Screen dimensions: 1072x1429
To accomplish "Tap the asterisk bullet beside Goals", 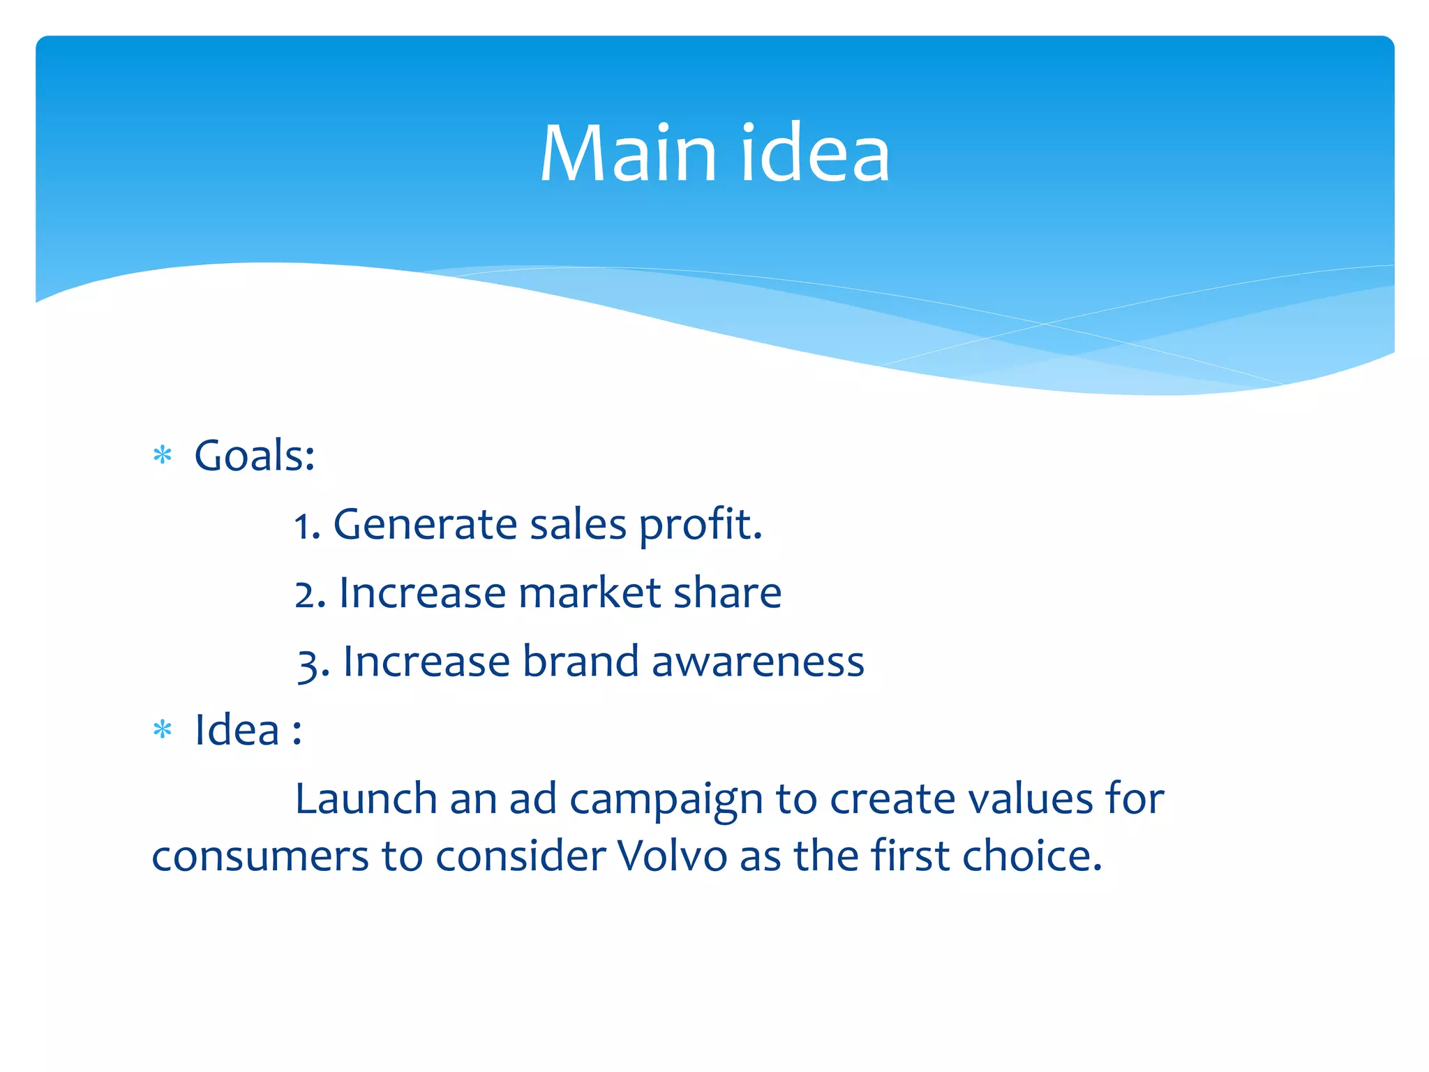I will (x=163, y=456).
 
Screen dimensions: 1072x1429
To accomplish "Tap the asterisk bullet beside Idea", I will (x=163, y=730).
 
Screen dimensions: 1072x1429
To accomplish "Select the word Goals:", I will (x=255, y=456).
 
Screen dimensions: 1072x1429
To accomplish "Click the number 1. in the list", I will (x=307, y=526).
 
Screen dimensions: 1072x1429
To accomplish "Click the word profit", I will (x=701, y=526).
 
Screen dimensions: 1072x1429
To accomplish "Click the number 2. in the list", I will (x=310, y=594).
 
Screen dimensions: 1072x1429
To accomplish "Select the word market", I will (x=590, y=593).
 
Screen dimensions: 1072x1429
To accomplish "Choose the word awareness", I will (x=758, y=662).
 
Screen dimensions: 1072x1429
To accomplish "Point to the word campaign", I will (x=666, y=800).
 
